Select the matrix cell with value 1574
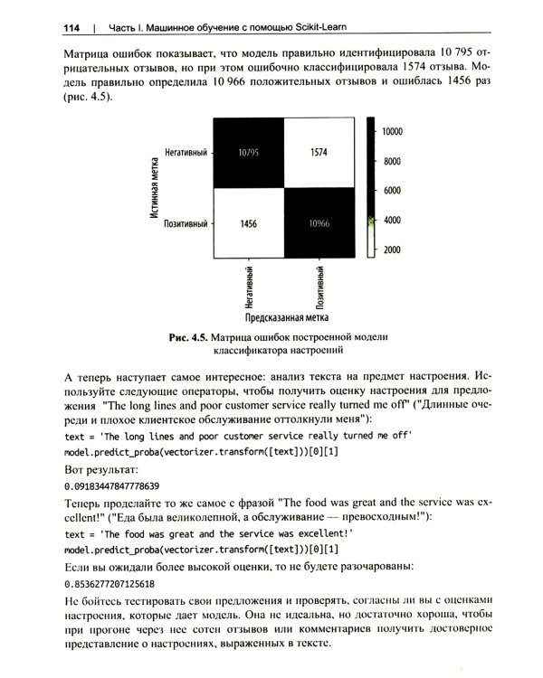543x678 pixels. (x=319, y=153)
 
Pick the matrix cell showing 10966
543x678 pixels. (x=319, y=222)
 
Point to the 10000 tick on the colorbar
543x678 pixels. (x=392, y=131)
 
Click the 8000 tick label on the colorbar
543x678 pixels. (x=390, y=162)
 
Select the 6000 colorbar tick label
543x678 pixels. (x=390, y=191)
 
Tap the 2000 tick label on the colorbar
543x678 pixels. (x=390, y=250)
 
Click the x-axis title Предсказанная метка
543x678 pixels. (x=283, y=318)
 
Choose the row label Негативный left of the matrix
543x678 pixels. (x=186, y=153)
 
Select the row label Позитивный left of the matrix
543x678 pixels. (x=186, y=222)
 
